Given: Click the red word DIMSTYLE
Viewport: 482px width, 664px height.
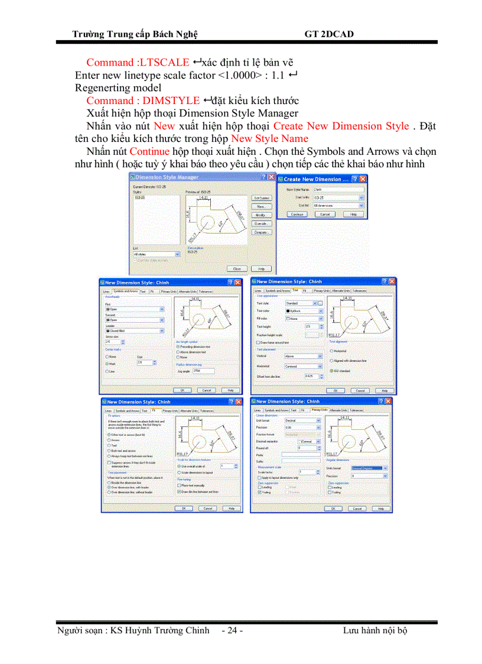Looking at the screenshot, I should point(171,101).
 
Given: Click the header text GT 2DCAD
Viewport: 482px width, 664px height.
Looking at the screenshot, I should point(329,34).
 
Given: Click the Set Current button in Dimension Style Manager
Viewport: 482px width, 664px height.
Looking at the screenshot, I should point(261,197).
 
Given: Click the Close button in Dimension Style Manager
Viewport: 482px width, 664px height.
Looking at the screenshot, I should point(237,268).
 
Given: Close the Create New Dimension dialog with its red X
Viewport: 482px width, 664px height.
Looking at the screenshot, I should point(363,179).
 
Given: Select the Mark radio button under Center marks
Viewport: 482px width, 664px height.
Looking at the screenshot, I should point(107,364).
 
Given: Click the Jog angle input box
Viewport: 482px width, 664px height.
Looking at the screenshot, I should point(204,371).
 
